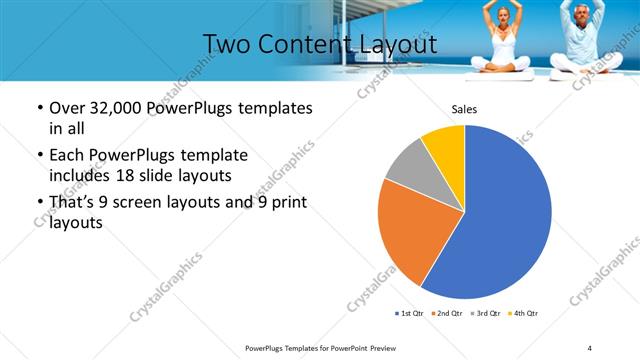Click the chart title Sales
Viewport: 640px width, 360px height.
464,108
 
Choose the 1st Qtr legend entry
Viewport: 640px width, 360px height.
410,314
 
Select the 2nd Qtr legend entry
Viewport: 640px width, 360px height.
446,314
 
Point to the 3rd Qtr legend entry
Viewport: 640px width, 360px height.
484,314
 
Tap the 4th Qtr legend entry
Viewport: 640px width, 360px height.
523,314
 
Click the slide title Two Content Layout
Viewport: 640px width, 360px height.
319,44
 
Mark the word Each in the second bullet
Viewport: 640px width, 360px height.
69,156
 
